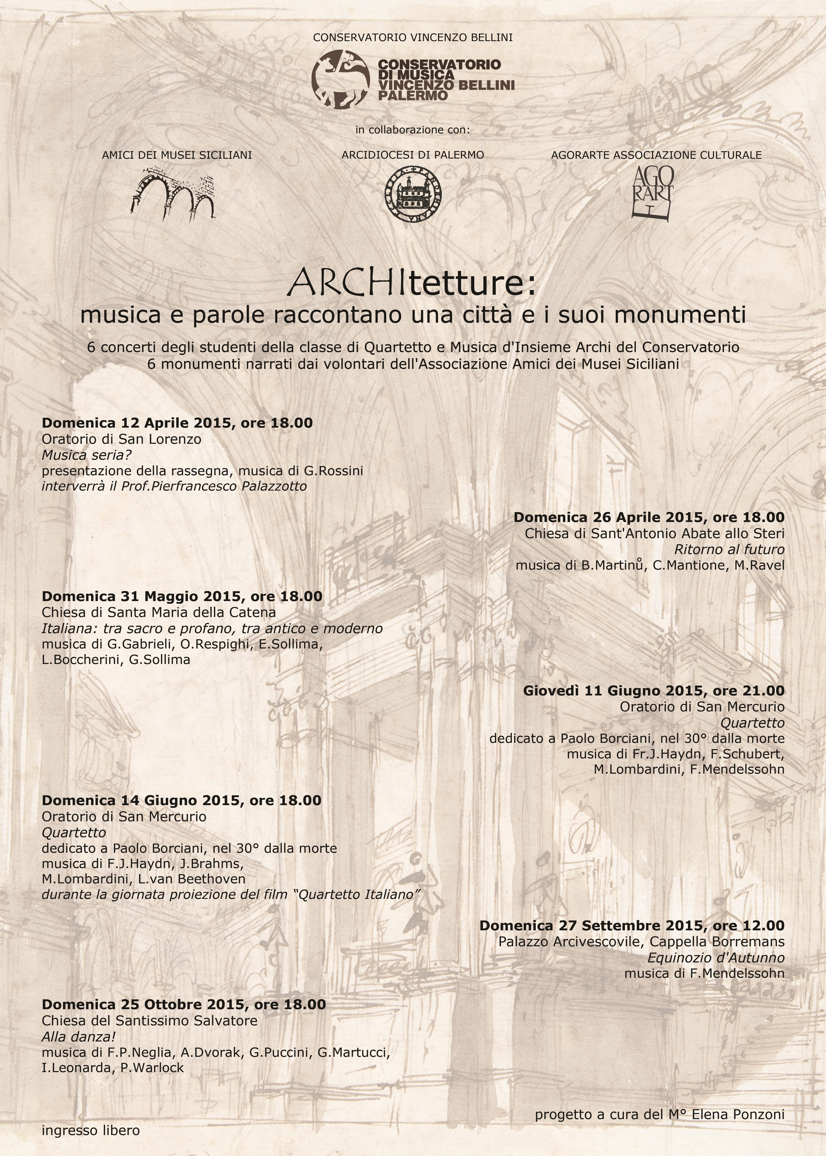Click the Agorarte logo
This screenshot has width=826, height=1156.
click(652, 193)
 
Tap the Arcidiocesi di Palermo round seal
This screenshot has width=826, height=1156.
click(412, 194)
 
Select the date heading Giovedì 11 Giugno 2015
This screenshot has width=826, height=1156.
click(653, 690)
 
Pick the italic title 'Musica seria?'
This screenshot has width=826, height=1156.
click(86, 454)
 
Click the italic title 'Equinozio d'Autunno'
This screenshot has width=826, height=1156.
click(715, 958)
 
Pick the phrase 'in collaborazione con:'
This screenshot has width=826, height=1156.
click(412, 130)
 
